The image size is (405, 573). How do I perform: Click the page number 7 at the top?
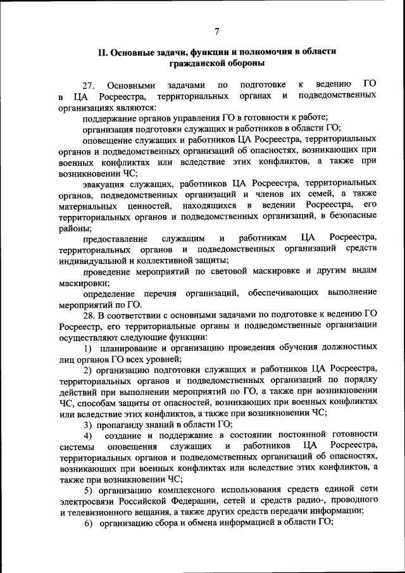[x=216, y=32]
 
